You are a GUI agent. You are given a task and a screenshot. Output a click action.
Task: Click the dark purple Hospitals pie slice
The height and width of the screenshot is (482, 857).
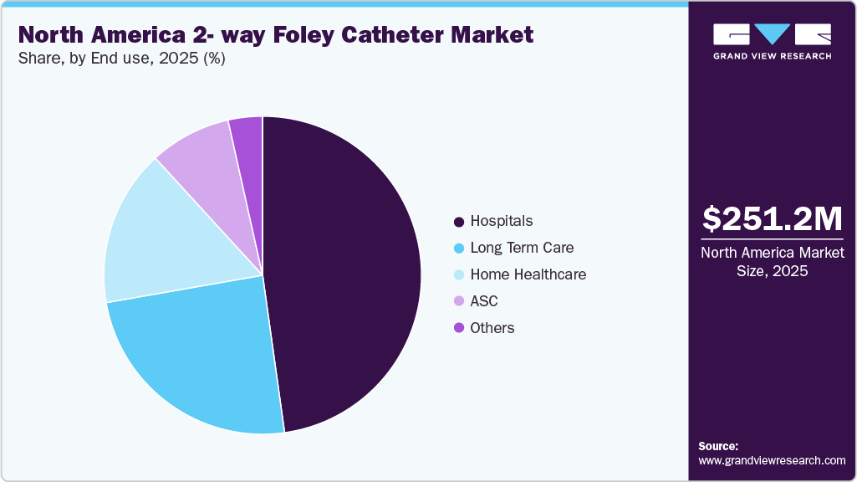343,268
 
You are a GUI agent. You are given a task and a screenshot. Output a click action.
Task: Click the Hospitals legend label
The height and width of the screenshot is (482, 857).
501,221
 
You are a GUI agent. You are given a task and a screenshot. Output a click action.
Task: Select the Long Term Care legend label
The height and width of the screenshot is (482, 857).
522,248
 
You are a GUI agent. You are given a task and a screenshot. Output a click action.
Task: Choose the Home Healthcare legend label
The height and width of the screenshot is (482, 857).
528,274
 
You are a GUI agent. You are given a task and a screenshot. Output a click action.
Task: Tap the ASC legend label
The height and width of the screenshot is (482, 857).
484,301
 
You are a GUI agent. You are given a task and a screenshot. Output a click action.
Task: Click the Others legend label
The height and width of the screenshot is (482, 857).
492,328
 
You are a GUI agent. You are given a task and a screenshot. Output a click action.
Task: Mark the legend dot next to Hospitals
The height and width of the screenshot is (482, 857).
459,222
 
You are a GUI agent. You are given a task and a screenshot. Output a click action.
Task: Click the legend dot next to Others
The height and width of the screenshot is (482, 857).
459,329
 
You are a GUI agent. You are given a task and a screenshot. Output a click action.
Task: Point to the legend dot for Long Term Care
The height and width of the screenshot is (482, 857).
459,249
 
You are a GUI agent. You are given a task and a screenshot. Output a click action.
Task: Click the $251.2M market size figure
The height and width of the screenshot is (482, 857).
772,218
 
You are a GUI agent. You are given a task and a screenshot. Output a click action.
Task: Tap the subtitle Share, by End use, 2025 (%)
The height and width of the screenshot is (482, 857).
122,59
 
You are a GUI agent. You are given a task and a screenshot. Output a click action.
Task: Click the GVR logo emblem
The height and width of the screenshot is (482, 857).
772,33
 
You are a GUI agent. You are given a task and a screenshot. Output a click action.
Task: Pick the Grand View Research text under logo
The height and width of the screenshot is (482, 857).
772,56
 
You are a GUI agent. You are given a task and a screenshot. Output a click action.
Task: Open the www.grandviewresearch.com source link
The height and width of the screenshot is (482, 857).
772,460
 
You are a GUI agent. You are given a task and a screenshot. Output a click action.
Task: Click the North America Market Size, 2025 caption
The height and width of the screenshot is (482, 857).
772,261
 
